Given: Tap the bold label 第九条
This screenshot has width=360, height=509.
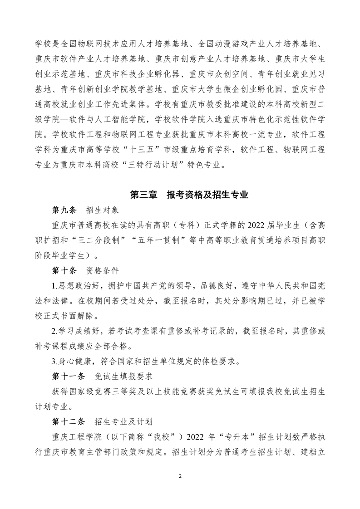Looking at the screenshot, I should pyautogui.click(x=65, y=210).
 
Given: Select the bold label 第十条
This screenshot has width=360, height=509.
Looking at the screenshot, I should pyautogui.click(x=65, y=271).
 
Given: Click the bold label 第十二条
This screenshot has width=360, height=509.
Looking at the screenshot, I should pyautogui.click(x=69, y=421).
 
